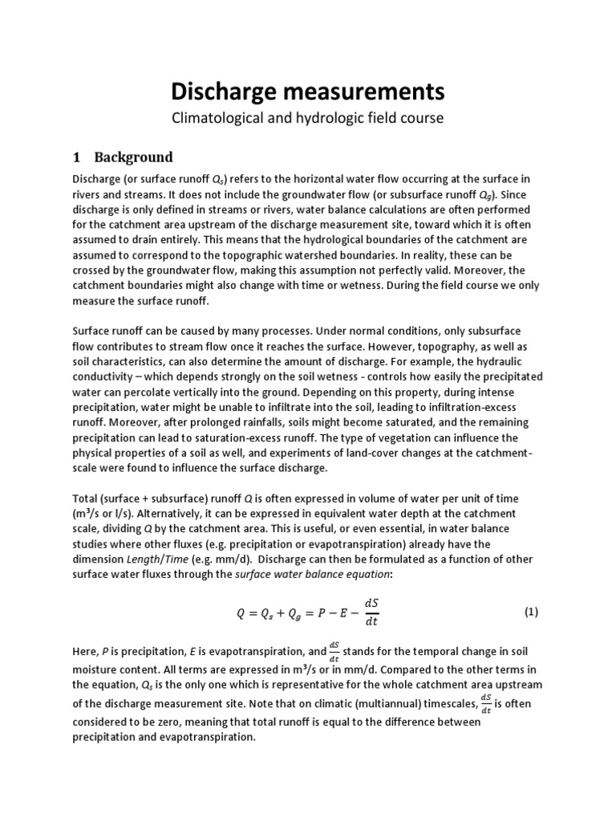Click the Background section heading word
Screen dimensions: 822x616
[133, 156]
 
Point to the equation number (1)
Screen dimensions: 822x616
[531, 611]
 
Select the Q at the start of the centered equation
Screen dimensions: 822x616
[241, 612]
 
